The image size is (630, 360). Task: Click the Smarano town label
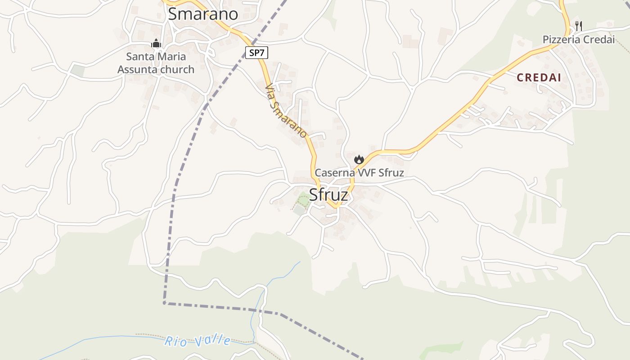point(202,14)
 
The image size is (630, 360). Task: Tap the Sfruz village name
point(328,195)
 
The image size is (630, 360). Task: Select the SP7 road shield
point(257,53)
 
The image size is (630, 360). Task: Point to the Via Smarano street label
point(286,111)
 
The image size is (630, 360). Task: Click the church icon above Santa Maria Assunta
point(156,44)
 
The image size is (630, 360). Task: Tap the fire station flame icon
point(359,159)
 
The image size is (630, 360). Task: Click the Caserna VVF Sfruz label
point(359,173)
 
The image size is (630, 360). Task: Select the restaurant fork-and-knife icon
point(579,26)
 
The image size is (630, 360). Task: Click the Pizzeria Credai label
point(578,40)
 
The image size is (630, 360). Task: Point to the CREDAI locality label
point(539,77)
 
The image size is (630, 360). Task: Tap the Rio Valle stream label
point(198,341)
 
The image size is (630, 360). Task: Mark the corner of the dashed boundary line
point(164,303)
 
